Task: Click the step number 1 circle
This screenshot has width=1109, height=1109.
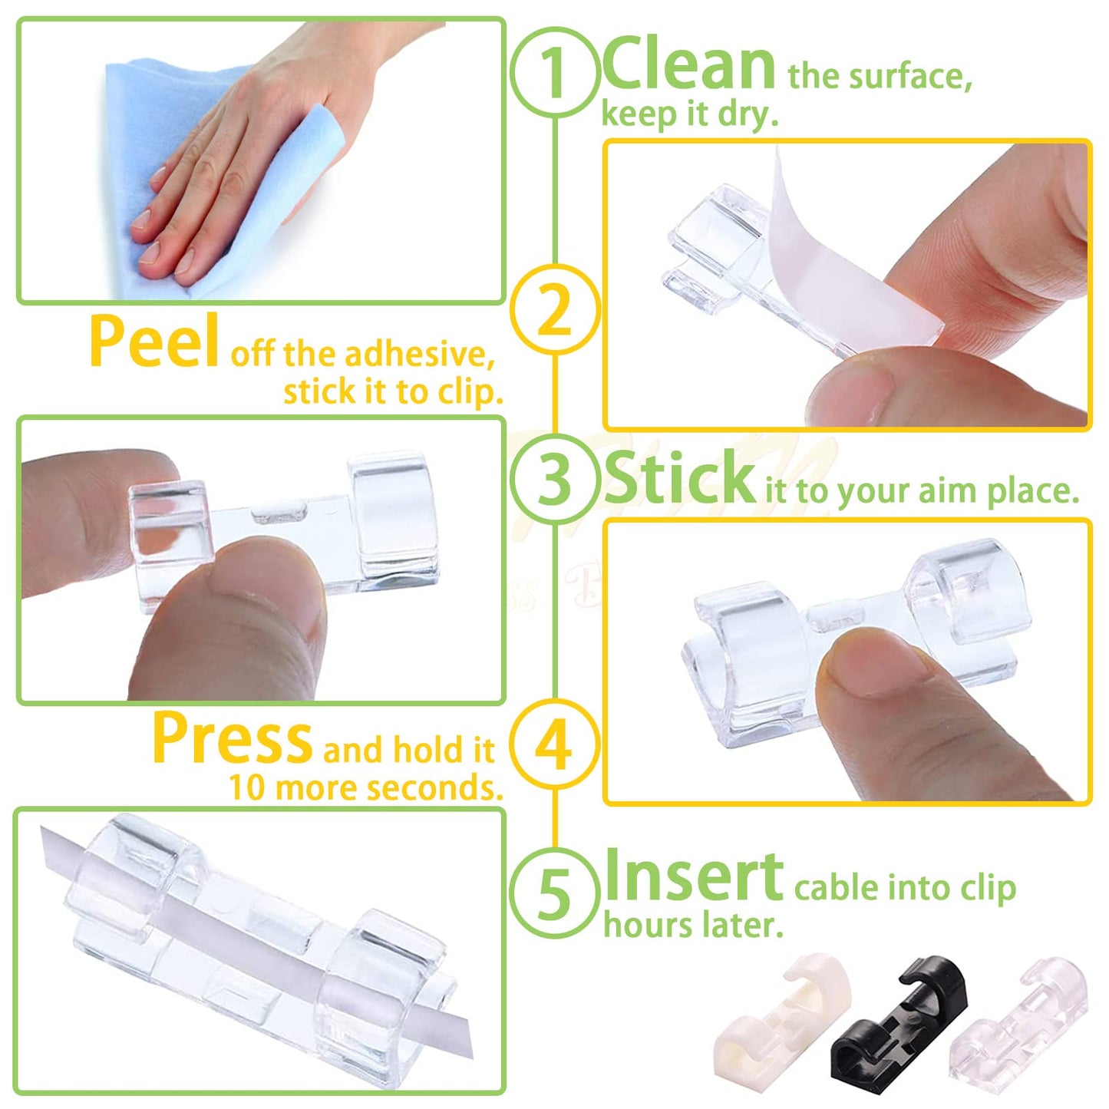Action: pyautogui.click(x=555, y=73)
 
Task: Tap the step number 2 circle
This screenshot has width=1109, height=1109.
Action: pyautogui.click(x=555, y=309)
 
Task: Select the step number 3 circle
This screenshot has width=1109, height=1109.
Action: pyautogui.click(x=555, y=478)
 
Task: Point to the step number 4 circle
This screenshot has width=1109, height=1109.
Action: pyautogui.click(x=555, y=744)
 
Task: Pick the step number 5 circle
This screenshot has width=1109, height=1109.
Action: pyautogui.click(x=555, y=893)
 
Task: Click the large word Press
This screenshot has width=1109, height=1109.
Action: pyautogui.click(x=232, y=738)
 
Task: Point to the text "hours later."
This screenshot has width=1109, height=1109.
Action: pyautogui.click(x=693, y=925)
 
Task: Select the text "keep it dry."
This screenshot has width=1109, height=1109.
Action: pyautogui.click(x=689, y=115)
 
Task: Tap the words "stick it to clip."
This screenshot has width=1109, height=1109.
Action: pyautogui.click(x=393, y=392)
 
